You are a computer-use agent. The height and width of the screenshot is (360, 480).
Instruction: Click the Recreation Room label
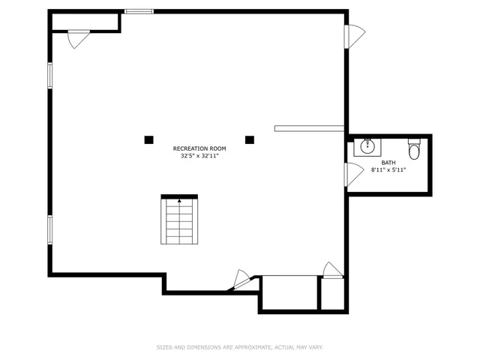point(199,148)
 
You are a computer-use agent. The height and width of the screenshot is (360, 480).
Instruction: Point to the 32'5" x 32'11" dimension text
point(199,156)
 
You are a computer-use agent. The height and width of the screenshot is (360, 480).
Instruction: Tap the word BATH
point(388,163)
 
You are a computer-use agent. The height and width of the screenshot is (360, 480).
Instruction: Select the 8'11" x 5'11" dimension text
point(388,170)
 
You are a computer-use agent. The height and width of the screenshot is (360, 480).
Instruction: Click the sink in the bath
point(367,146)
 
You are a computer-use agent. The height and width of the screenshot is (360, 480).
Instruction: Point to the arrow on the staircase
point(180,200)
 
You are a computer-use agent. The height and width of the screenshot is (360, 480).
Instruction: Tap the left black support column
point(148,139)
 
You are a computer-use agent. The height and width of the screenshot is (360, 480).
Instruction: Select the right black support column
point(250,139)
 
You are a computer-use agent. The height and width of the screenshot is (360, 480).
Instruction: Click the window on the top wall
point(139,11)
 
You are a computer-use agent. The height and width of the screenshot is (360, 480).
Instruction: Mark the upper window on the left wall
point(50,75)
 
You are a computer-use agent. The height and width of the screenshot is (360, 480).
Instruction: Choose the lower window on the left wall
point(50,229)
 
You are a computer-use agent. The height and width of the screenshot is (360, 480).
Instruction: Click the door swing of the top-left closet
point(78,38)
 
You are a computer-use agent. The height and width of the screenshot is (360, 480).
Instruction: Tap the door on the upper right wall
point(353,36)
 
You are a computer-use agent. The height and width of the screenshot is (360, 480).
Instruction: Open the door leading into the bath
point(352,175)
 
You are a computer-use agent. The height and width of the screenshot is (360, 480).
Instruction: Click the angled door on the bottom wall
point(242,279)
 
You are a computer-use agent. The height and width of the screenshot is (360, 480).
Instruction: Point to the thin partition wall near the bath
point(309,128)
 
